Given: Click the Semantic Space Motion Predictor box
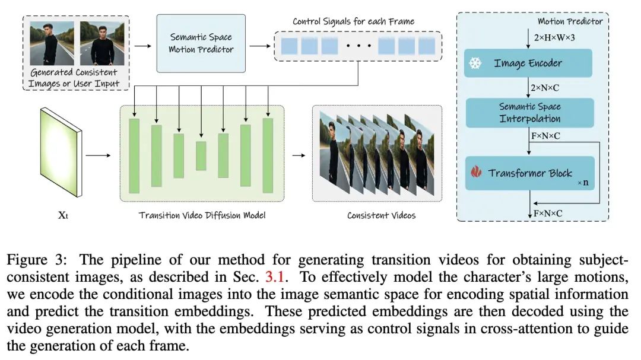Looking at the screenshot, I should [201, 43].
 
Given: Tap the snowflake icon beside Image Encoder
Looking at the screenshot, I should [475, 63].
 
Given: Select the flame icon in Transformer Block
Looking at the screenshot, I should [475, 173].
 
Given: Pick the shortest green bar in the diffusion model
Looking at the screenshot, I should [201, 156].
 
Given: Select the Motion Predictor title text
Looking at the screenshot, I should [570, 21].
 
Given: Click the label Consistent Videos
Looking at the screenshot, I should [381, 215].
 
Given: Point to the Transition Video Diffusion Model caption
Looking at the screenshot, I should [202, 215].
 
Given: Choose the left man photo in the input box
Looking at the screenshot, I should [52, 43].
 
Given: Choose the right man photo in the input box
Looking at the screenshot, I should [101, 43].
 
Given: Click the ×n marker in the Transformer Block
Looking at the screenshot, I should [583, 183].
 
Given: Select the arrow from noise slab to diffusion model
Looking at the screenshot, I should [98, 157].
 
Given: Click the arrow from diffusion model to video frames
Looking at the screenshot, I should [297, 157].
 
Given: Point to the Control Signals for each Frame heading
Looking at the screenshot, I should [353, 22].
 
